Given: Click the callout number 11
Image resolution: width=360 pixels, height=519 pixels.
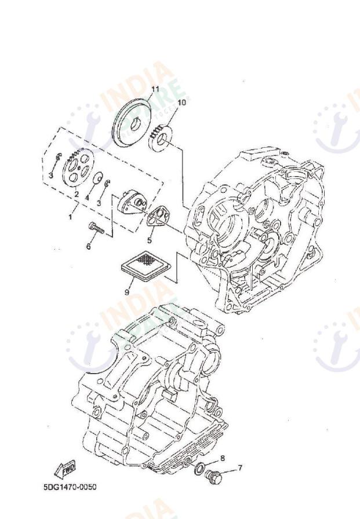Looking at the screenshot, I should pyautogui.click(x=154, y=89).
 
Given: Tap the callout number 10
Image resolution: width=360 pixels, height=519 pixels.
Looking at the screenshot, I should pyautogui.click(x=181, y=103).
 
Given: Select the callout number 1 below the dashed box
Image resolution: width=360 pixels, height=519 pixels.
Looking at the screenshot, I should pyautogui.click(x=71, y=216).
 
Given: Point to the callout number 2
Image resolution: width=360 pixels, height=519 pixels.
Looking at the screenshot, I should pyautogui.click(x=76, y=194).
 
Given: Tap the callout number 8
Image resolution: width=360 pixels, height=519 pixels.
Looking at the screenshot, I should pyautogui.click(x=221, y=457).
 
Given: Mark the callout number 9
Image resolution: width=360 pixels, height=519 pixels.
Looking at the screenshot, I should pyautogui.click(x=126, y=293).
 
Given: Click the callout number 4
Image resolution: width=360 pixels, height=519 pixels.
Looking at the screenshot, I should pyautogui.click(x=88, y=198).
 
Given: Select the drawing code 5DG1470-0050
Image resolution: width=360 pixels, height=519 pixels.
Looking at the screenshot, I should pyautogui.click(x=70, y=487).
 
